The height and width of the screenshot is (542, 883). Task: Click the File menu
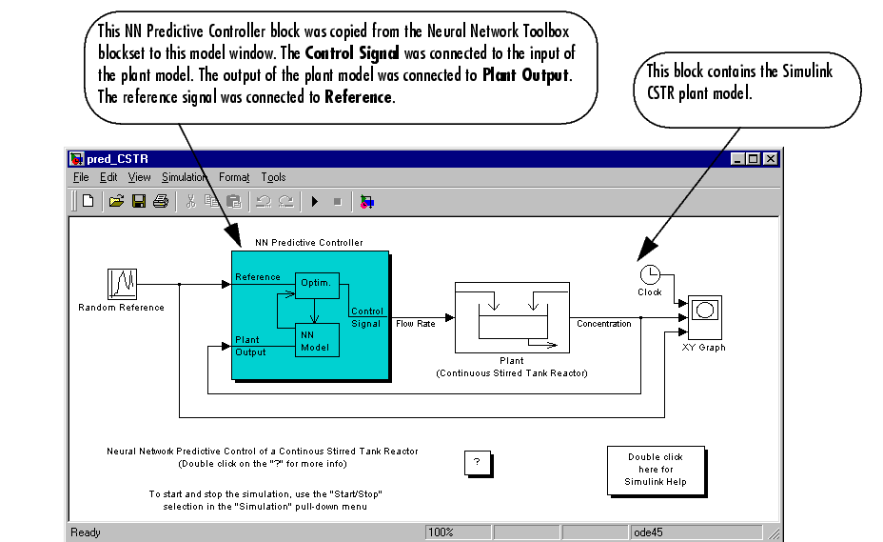click(x=81, y=177)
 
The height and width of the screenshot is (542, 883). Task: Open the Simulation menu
click(x=184, y=177)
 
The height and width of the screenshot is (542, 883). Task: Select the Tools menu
click(x=273, y=177)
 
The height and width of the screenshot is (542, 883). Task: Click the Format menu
click(x=233, y=177)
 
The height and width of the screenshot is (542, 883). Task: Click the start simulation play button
click(x=315, y=201)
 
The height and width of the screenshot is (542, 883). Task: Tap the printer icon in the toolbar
click(x=161, y=201)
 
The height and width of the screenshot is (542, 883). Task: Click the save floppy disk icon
click(x=139, y=201)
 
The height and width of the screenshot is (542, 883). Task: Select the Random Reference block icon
click(x=122, y=283)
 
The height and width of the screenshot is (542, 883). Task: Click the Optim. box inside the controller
click(x=315, y=283)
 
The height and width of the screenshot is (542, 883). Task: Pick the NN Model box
click(x=315, y=340)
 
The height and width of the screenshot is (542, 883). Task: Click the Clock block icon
click(x=650, y=274)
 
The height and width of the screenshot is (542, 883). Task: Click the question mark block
click(x=477, y=462)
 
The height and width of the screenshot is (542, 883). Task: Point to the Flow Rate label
click(x=415, y=324)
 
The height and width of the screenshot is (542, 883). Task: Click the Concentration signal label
click(x=603, y=324)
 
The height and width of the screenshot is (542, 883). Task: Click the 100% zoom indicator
click(x=441, y=532)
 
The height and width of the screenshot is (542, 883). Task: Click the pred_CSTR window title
click(x=117, y=159)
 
